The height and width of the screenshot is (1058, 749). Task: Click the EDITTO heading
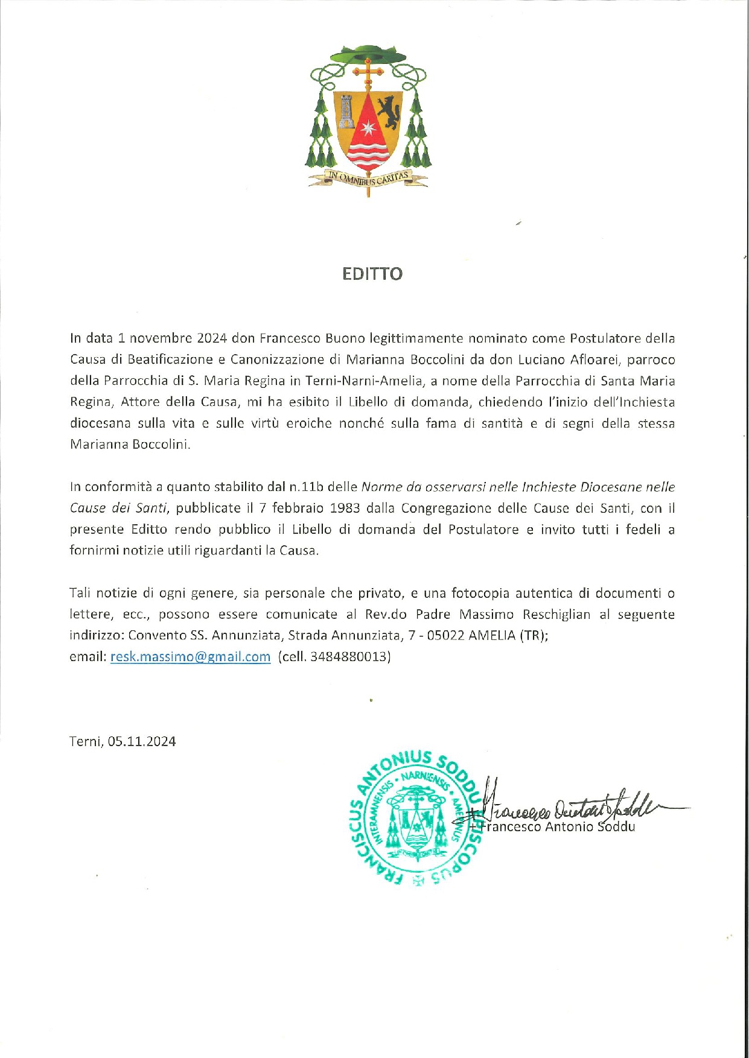click(372, 274)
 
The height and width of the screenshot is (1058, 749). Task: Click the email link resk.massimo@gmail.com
click(190, 657)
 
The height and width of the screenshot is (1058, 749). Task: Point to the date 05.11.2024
click(142, 742)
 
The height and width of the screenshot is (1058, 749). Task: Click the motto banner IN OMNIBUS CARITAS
click(368, 177)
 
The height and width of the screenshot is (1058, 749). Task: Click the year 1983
click(345, 508)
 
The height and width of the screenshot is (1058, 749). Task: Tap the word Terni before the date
click(85, 742)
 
